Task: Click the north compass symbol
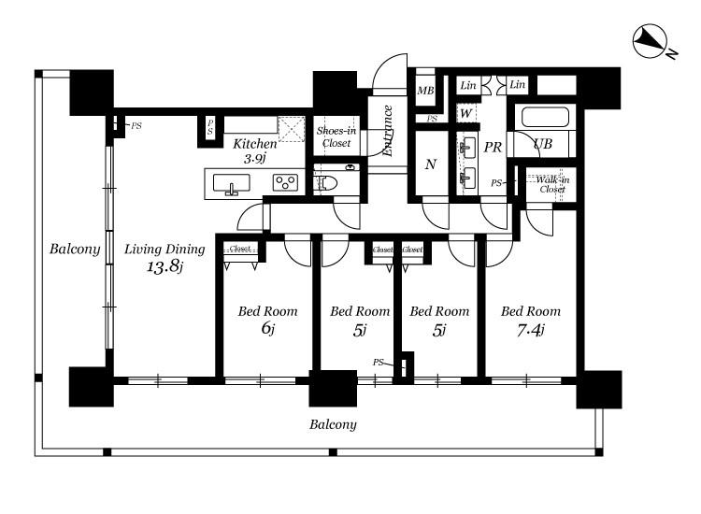pos(650,41)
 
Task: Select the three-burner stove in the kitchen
pos(285,182)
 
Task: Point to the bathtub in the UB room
pos(545,117)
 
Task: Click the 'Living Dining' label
pos(165,250)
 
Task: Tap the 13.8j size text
pos(165,267)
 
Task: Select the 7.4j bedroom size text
pos(530,330)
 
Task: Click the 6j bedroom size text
pos(267,329)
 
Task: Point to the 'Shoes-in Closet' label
pos(336,136)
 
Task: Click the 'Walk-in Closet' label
pos(552,184)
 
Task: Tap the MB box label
pos(425,91)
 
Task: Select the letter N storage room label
pos(431,164)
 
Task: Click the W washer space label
pos(465,113)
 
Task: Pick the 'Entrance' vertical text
pos(387,131)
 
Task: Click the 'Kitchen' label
pos(255,144)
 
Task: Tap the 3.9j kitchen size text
pos(255,158)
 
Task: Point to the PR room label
pos(493,147)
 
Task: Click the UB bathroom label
pos(543,144)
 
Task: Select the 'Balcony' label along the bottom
pos(333,424)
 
